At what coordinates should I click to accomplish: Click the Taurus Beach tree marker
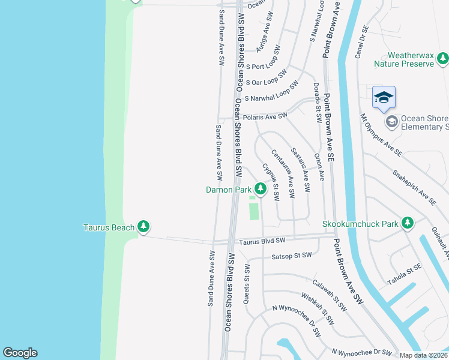pos(143,227)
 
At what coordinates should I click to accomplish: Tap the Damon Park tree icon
pos(260,190)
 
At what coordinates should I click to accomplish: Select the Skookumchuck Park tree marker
pos(408,224)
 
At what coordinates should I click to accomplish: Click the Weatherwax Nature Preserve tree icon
pos(442,58)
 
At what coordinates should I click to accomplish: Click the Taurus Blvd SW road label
pos(262,241)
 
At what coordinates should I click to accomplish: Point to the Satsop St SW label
pos(291,256)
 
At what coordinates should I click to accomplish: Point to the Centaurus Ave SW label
pos(283,175)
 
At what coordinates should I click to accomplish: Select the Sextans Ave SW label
pos(300,170)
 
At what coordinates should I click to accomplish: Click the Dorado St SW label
pos(316,101)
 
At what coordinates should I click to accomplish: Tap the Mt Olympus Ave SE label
pos(380,136)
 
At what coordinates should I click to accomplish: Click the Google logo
pos(20,353)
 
